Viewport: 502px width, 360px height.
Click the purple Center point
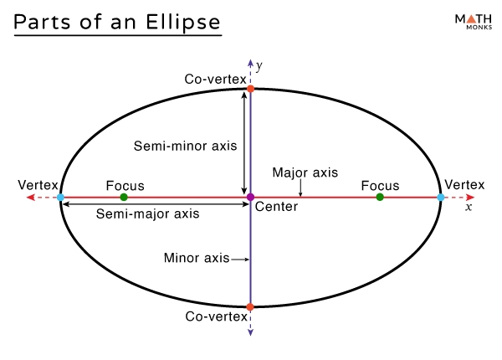pyautogui.click(x=250, y=197)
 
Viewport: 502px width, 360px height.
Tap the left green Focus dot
pyautogui.click(x=124, y=197)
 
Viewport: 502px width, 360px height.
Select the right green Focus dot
pyautogui.click(x=380, y=197)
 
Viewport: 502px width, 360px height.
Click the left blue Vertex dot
pyautogui.click(x=60, y=198)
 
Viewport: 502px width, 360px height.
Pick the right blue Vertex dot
pyautogui.click(x=441, y=198)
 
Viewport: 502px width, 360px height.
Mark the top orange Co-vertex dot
pyautogui.click(x=250, y=88)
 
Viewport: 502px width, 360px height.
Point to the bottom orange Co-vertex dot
pyautogui.click(x=250, y=307)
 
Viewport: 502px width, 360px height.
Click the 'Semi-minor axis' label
pyautogui.click(x=186, y=146)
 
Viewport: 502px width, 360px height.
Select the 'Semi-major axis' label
pyautogui.click(x=148, y=213)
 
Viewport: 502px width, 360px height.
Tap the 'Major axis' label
pyautogui.click(x=305, y=172)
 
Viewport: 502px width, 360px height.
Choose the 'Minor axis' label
pyautogui.click(x=197, y=259)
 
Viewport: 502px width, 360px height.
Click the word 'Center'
pyautogui.click(x=276, y=206)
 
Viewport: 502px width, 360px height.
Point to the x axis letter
pyautogui.click(x=469, y=207)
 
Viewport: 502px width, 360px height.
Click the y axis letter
pyautogui.click(x=259, y=65)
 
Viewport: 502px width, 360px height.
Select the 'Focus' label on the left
pyautogui.click(x=125, y=185)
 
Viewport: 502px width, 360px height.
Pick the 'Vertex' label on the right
pyautogui.click(x=464, y=184)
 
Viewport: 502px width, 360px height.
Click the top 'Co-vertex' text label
pyautogui.click(x=216, y=80)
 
